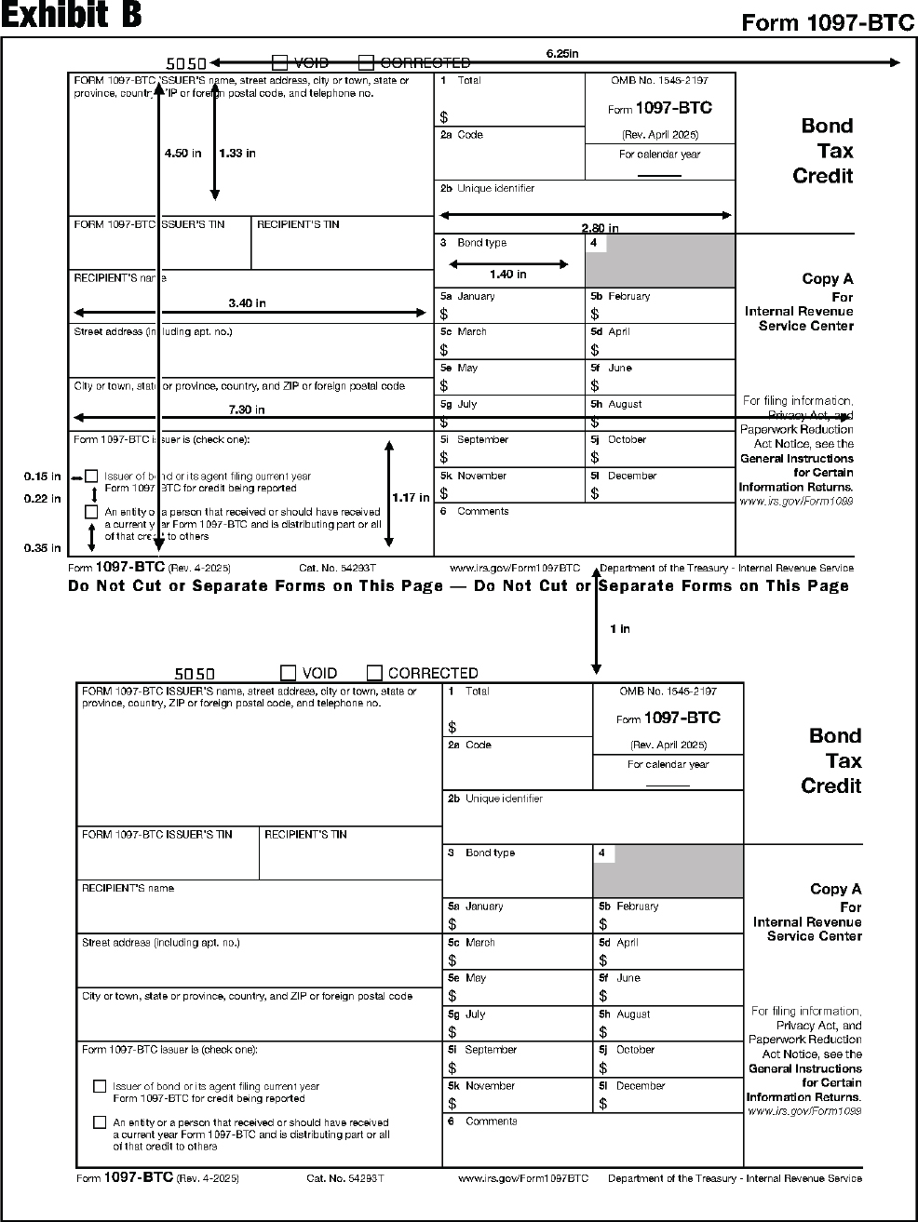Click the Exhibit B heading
click(72, 17)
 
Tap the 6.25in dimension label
click(561, 54)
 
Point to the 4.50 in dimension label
click(182, 154)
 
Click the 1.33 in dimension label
click(237, 154)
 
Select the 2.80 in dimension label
click(600, 228)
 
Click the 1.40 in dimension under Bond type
click(507, 275)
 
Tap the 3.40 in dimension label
click(247, 303)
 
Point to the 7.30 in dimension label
click(247, 410)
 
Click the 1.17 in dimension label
click(411, 498)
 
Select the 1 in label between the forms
click(619, 629)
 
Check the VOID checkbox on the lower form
click(289, 673)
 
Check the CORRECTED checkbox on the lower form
click(374, 673)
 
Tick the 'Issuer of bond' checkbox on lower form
click(100, 1086)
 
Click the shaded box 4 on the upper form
click(660, 261)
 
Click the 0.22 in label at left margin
click(42, 499)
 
